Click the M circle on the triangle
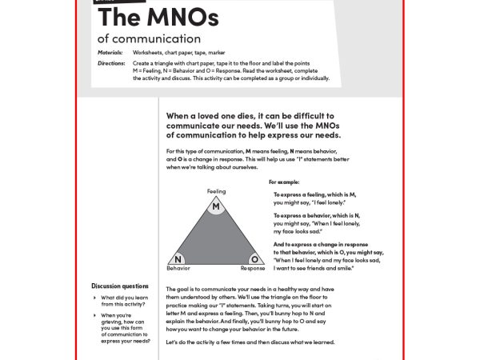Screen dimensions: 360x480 [x=216, y=207]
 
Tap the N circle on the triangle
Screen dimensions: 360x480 [x=178, y=259]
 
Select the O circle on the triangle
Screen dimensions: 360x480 [x=254, y=259]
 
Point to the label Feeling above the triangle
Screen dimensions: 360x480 [x=216, y=192]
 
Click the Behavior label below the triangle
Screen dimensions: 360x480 [x=178, y=269]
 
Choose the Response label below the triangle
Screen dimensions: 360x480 [x=253, y=269]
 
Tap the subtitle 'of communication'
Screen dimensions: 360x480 [x=149, y=38]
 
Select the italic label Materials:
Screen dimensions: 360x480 [x=110, y=52]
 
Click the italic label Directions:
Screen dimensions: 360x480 [x=111, y=62]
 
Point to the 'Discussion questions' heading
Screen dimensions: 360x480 [x=120, y=286]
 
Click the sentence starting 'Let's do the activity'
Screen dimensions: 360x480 [x=250, y=342]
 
